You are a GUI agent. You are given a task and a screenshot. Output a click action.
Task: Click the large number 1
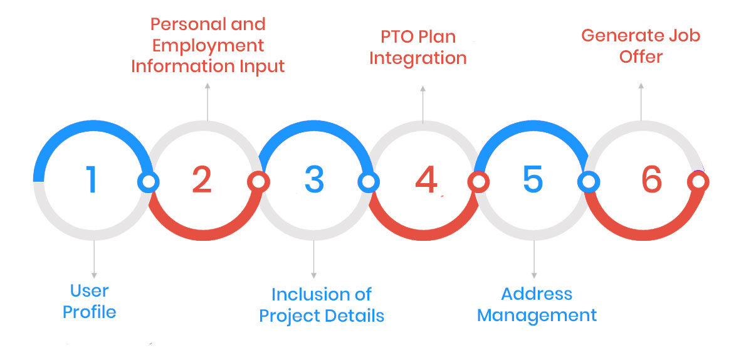point(92,179)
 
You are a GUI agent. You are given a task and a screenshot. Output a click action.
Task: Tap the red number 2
point(202,179)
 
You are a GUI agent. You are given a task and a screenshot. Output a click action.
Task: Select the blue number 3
point(314,179)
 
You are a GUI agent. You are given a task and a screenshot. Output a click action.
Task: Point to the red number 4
point(426,179)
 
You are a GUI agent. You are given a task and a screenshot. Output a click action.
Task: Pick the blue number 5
point(533,179)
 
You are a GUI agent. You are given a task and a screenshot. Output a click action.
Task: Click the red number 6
point(652,179)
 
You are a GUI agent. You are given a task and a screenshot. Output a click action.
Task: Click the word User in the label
point(90,291)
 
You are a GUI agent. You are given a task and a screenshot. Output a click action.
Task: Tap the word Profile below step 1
point(90,312)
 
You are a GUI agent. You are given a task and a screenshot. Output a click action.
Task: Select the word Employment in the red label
point(208,46)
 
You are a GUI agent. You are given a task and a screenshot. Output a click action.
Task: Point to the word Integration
point(418,59)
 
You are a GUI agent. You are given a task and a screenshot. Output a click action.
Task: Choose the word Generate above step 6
point(619,36)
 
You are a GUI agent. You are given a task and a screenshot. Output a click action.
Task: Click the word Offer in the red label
point(641,56)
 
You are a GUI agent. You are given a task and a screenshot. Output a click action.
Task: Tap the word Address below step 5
point(537,294)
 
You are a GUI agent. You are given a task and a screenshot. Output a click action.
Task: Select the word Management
point(537,315)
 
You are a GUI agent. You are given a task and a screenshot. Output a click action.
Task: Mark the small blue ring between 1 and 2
point(148,182)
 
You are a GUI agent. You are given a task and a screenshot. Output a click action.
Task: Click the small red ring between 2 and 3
point(258,182)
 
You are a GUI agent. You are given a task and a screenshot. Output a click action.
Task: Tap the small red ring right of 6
point(698,182)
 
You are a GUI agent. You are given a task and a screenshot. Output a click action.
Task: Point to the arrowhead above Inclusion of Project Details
point(313,275)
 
